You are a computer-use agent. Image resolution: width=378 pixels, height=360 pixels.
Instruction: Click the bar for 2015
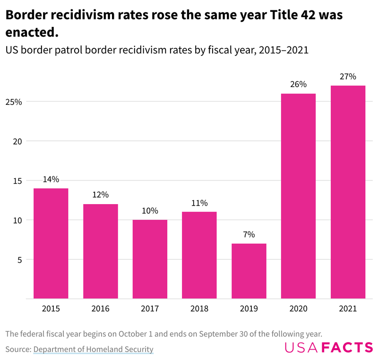tap(51, 243)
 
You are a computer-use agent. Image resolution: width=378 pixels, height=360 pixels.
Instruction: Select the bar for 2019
tap(249, 271)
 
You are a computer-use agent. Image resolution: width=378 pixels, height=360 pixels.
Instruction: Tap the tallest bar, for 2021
tap(348, 192)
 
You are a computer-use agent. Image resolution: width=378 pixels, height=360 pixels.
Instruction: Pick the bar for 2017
tap(150, 259)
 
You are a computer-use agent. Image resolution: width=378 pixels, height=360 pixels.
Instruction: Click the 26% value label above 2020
tap(299, 85)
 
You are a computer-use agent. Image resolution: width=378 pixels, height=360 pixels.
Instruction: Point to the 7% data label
tap(249, 234)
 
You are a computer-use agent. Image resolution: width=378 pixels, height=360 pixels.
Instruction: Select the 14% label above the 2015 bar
tap(51, 179)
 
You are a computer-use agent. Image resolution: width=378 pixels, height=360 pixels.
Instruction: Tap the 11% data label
tap(199, 203)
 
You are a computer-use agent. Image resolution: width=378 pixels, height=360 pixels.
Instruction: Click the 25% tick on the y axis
tap(14, 102)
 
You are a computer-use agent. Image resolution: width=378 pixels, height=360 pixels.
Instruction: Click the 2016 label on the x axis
tap(100, 309)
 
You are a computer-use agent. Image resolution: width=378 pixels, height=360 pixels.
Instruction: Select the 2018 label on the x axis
tap(199, 309)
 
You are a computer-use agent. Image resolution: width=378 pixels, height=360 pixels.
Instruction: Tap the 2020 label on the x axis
tap(299, 309)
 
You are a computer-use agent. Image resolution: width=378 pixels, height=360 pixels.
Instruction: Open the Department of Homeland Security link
tap(93, 349)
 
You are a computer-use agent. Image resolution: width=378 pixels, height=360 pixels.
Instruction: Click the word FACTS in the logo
tap(347, 348)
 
